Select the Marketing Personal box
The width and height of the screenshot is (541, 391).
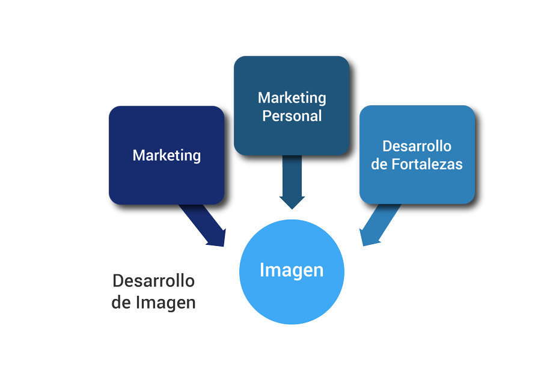(291, 135)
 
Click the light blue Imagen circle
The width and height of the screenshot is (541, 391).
(292, 295)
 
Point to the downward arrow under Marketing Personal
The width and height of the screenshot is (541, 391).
(292, 180)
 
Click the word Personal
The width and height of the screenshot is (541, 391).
(292, 116)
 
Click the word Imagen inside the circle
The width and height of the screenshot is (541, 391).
(292, 270)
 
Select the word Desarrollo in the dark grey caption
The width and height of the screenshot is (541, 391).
(153, 281)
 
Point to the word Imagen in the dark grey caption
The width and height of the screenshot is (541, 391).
(165, 302)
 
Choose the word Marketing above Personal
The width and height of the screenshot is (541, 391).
(292, 97)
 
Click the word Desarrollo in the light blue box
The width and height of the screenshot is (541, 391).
(417, 146)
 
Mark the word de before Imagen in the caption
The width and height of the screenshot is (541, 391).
(121, 302)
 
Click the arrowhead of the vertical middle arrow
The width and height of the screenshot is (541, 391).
(292, 201)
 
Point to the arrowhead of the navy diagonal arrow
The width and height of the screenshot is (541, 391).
(216, 238)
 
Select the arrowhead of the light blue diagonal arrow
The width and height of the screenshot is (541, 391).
(368, 237)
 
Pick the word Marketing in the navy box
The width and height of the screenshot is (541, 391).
(167, 155)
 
